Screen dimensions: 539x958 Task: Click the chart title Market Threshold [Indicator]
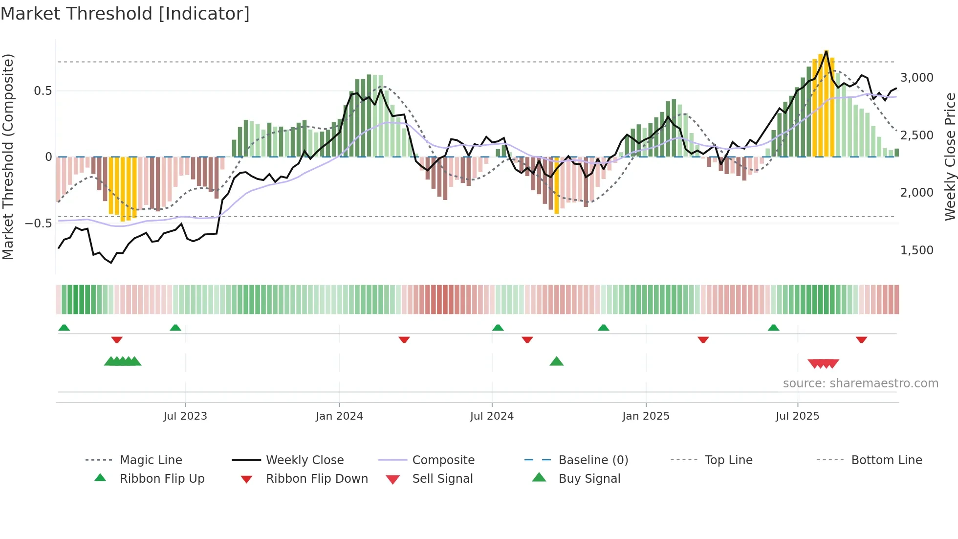[x=125, y=14]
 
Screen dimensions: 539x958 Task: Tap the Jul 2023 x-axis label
[x=185, y=416]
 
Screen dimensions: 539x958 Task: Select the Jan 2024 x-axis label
[x=339, y=416]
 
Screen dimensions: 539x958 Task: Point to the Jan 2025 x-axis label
[x=646, y=416]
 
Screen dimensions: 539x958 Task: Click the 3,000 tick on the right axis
[x=916, y=78]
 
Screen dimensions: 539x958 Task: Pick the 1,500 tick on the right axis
[x=916, y=250]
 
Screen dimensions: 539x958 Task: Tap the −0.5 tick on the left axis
[x=39, y=224]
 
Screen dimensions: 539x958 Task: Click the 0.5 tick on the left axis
[x=43, y=91]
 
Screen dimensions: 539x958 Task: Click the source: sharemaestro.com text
[x=860, y=383]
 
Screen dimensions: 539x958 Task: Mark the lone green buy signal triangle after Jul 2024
[x=556, y=362]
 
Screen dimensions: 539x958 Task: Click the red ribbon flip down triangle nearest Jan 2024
[x=404, y=339]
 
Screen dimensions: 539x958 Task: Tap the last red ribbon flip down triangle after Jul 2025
[x=861, y=339]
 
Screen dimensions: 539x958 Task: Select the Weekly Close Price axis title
[x=950, y=157]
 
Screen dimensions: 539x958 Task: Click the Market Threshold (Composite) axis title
[x=8, y=157]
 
